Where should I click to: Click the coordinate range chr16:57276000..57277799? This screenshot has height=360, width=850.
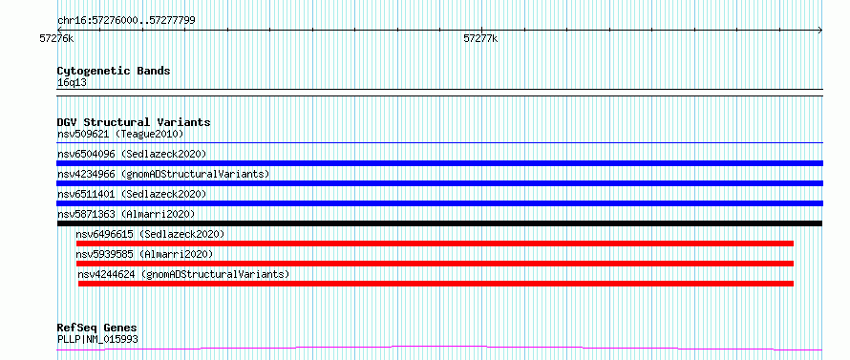pos(126,21)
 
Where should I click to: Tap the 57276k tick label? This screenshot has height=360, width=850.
pos(57,38)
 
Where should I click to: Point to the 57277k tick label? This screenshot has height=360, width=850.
pos(480,38)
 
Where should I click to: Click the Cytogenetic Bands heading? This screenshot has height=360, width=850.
pos(114,71)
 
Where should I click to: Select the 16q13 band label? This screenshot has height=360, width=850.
pos(72,83)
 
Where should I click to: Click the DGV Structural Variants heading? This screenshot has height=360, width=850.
pos(134,122)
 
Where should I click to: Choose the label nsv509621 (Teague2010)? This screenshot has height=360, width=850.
pos(120,134)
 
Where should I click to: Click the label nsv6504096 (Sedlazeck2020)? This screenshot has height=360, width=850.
pos(132,154)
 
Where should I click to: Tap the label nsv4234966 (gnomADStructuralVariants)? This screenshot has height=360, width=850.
pos(163,174)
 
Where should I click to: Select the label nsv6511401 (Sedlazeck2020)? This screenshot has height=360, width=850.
pos(132,194)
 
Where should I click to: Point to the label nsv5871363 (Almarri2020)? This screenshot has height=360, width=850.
pos(126,214)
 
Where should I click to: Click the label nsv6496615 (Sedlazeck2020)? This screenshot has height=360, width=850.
pos(150,234)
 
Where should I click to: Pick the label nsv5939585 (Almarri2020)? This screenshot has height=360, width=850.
pos(144,254)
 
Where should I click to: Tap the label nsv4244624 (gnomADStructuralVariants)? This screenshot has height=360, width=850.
pos(183,274)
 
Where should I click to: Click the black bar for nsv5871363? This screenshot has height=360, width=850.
pos(439,223)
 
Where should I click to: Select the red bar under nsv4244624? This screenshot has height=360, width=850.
pos(436,284)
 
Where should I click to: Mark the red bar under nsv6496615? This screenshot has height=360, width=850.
pos(435,244)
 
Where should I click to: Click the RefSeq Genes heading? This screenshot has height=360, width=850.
pos(97,328)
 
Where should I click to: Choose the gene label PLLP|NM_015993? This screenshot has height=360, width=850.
pos(97,339)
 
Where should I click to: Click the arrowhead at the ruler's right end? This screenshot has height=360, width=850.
pos(820,31)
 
